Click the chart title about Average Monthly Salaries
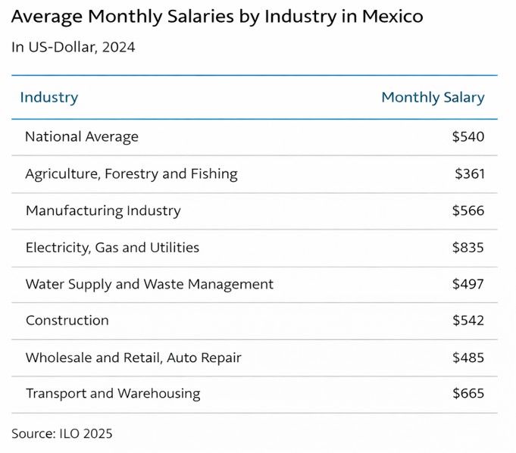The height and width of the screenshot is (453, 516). click(x=217, y=17)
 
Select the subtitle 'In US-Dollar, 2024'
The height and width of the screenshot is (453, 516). click(x=73, y=48)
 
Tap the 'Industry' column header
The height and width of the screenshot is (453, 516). click(x=48, y=98)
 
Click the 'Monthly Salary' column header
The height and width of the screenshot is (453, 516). click(x=433, y=98)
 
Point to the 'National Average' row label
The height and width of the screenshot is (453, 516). click(x=82, y=137)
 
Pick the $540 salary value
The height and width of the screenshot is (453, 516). click(x=468, y=137)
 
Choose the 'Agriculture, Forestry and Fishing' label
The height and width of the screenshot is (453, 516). click(x=131, y=174)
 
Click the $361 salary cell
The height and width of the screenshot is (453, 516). click(x=469, y=174)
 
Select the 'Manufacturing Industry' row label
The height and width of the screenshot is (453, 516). click(x=103, y=211)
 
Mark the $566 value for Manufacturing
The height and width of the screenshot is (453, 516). click(x=468, y=211)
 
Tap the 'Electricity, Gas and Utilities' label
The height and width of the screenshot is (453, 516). click(x=112, y=248)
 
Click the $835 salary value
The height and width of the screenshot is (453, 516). click(x=468, y=248)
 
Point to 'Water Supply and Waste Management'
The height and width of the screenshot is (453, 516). click(x=149, y=285)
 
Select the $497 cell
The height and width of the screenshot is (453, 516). click(x=468, y=285)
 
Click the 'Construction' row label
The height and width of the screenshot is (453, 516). click(x=67, y=320)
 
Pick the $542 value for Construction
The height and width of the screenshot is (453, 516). click(x=468, y=320)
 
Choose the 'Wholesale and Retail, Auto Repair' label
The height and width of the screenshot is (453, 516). click(x=133, y=358)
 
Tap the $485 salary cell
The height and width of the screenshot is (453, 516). click(x=468, y=358)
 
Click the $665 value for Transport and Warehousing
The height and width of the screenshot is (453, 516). click(x=468, y=394)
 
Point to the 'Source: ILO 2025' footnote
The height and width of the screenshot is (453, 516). click(x=61, y=434)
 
